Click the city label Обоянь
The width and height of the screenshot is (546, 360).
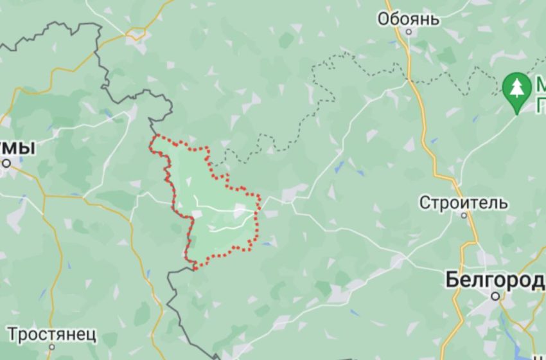[409, 19]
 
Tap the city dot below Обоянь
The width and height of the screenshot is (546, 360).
[409, 32]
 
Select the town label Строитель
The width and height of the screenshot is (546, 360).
[464, 203]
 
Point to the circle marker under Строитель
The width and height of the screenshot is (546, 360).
[464, 216]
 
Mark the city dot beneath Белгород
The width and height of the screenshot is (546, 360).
[495, 296]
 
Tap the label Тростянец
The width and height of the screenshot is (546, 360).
[53, 334]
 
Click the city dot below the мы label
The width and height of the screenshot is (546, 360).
[6, 163]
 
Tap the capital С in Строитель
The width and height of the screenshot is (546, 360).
[425, 203]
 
